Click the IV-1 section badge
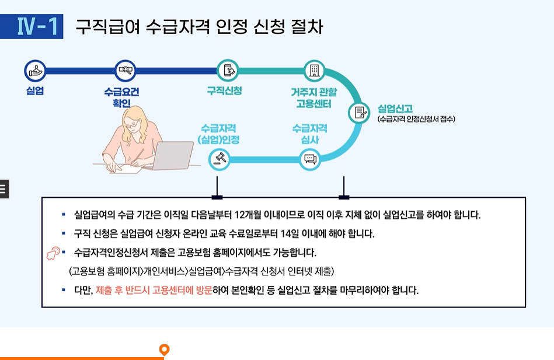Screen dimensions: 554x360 click(x=39, y=27)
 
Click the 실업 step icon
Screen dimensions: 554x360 click(x=35, y=71)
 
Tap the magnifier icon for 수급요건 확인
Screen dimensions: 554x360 click(x=125, y=71)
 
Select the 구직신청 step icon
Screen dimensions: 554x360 click(x=227, y=71)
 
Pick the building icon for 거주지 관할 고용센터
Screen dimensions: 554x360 click(x=314, y=71)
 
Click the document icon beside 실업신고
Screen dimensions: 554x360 click(x=359, y=113)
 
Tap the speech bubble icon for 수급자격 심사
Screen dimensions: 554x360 click(x=310, y=158)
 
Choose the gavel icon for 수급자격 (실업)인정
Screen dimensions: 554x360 click(x=220, y=158)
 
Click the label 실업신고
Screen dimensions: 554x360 click(x=395, y=109)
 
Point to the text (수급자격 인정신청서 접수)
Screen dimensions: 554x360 click(x=416, y=119)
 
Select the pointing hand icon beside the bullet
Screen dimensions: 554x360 click(x=53, y=254)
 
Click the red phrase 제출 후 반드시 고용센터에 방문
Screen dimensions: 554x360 click(x=154, y=289)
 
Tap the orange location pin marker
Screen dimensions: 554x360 click(x=165, y=349)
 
